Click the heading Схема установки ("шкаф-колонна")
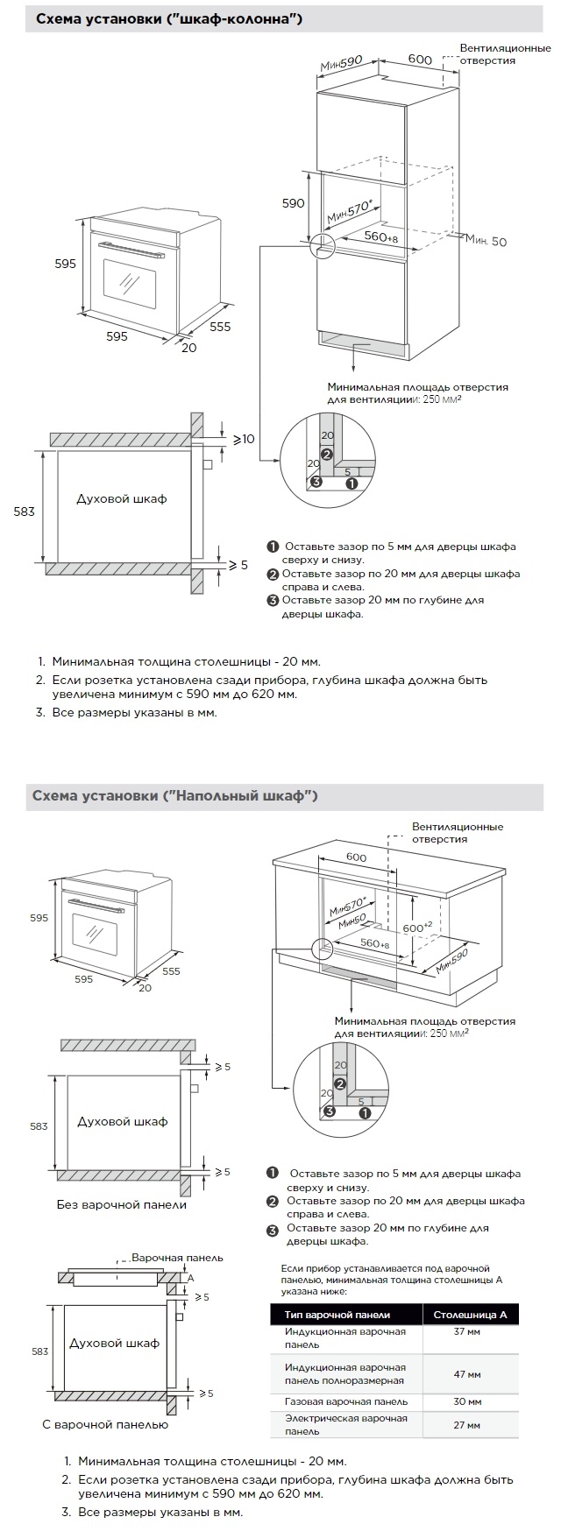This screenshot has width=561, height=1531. pyautogui.click(x=169, y=18)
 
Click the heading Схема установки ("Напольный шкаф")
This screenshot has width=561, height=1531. pyautogui.click(x=174, y=795)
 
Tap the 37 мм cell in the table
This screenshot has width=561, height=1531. pyautogui.click(x=466, y=1331)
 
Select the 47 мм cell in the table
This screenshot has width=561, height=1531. pyautogui.click(x=466, y=1373)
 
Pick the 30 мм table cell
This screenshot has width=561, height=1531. pyautogui.click(x=466, y=1401)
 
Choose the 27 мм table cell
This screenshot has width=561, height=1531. pyautogui.click(x=466, y=1425)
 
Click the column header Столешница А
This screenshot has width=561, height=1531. pyautogui.click(x=470, y=1314)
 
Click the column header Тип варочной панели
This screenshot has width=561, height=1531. pyautogui.click(x=337, y=1315)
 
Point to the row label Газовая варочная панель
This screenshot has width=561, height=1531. pyautogui.click(x=345, y=1401)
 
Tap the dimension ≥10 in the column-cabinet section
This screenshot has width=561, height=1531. pyautogui.click(x=245, y=438)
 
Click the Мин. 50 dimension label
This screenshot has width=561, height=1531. pyautogui.click(x=486, y=241)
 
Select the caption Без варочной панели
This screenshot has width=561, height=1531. pyautogui.click(x=122, y=1204)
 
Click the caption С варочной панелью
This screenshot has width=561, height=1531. pyautogui.click(x=105, y=1424)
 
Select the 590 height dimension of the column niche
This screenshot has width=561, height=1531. pyautogui.click(x=293, y=203)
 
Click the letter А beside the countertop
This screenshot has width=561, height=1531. pyautogui.click(x=190, y=1278)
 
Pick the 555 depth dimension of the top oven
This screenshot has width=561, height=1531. pyautogui.click(x=220, y=327)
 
